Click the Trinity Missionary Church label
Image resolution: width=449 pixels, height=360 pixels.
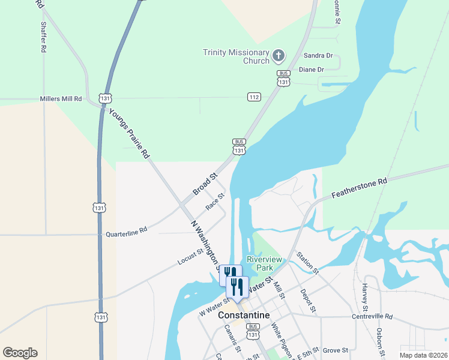[236, 56]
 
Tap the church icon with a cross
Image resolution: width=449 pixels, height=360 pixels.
[278, 56]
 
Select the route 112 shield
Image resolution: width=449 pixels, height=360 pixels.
[254, 97]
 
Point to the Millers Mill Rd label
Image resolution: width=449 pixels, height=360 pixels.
[60, 98]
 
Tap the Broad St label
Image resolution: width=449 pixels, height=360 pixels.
[205, 185]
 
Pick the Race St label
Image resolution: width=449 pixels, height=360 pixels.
[215, 201]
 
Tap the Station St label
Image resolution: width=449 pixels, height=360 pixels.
[307, 263]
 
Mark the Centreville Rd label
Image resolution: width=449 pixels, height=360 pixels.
[372, 316]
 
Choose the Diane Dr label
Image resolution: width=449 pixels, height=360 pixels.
[311, 70]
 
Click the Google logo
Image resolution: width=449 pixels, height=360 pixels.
[20, 353]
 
